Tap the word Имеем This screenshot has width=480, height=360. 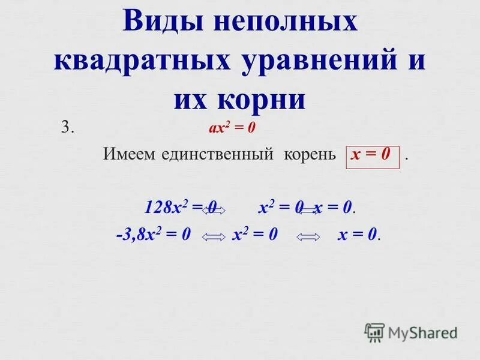click(130, 154)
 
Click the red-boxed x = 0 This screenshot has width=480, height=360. click(371, 154)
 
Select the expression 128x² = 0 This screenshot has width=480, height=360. click(180, 208)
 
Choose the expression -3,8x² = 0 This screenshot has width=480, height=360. click(153, 235)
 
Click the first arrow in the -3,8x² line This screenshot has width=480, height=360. click(214, 237)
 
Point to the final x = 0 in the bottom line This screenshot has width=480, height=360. click(359, 235)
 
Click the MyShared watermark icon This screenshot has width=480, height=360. click(374, 331)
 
